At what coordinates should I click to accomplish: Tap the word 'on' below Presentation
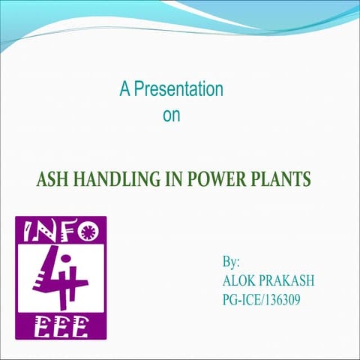pos(171,116)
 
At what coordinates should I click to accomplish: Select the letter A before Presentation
pos(124,90)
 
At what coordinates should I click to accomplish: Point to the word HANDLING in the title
pos(114,181)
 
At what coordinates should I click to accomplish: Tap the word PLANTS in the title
pos(277,181)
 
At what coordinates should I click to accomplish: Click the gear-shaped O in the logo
pos(87,229)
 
